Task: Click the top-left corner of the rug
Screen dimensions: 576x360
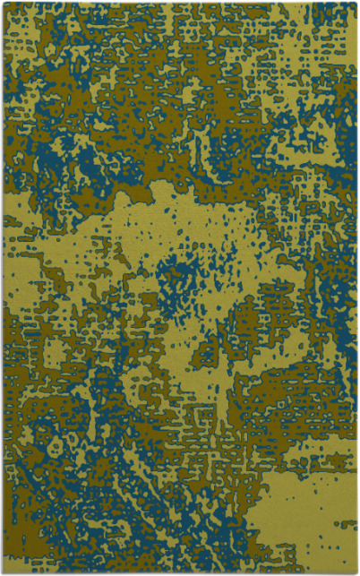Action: coord(3,3)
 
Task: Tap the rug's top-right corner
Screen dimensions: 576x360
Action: coord(356,3)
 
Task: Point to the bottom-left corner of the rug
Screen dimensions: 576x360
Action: coord(3,572)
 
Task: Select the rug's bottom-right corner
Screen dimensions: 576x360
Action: coord(356,572)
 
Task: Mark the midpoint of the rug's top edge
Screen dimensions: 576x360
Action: coord(179,3)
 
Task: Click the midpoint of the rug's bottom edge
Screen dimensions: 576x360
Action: coord(179,572)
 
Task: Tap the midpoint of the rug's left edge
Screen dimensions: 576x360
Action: coord(3,288)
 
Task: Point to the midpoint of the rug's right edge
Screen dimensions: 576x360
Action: coord(356,288)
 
